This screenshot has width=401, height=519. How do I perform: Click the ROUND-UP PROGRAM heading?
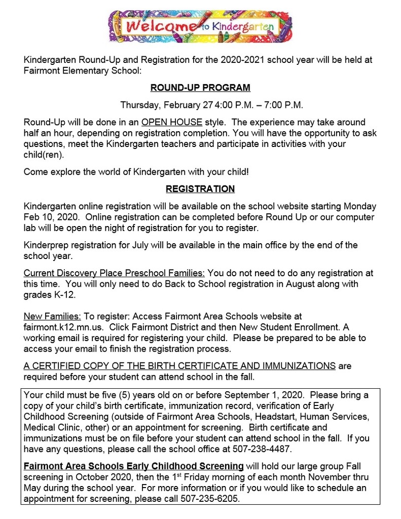[200, 88]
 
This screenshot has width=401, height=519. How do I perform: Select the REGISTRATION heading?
[200, 189]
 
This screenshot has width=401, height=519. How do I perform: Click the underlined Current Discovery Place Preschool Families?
[114, 273]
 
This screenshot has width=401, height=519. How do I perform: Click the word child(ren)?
[44, 155]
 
